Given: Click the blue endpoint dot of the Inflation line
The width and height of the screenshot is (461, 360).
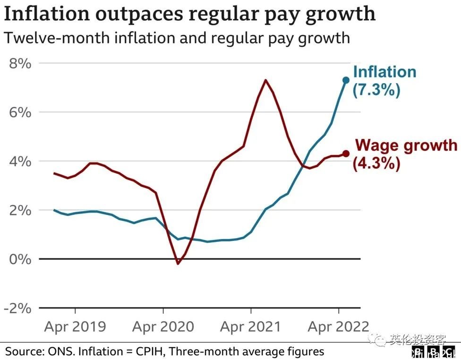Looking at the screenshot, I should pyautogui.click(x=346, y=80).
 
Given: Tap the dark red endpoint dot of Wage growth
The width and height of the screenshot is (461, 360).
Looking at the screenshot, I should pyautogui.click(x=346, y=154).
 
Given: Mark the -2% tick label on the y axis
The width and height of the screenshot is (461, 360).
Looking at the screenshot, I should pyautogui.click(x=17, y=308).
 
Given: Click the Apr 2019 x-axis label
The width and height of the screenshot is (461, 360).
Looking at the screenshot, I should pyautogui.click(x=75, y=326).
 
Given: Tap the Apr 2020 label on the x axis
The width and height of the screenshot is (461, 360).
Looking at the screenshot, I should pyautogui.click(x=163, y=326).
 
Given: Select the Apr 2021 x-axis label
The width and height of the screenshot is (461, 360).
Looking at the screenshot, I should pyautogui.click(x=251, y=326).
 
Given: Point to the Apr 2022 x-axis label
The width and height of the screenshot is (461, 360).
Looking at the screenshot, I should pyautogui.click(x=338, y=326).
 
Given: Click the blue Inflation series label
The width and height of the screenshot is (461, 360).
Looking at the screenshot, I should pyautogui.click(x=384, y=72).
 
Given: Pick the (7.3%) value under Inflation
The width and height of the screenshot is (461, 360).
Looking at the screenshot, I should pyautogui.click(x=376, y=90).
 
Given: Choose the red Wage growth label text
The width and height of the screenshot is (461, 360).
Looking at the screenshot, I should pyautogui.click(x=406, y=146).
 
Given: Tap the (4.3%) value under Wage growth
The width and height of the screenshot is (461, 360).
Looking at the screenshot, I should pyautogui.click(x=376, y=163).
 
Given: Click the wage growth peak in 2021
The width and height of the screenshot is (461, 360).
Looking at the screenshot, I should pyautogui.click(x=266, y=80).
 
